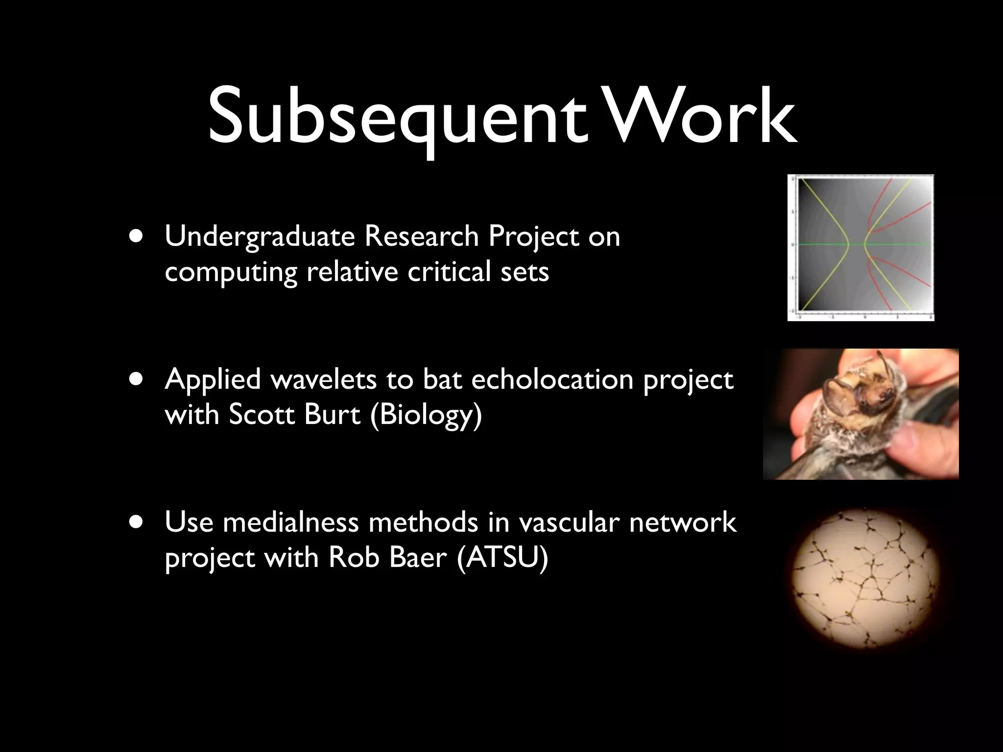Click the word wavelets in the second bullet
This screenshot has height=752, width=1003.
pos(323,379)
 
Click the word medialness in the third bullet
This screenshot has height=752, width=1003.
pos(291,522)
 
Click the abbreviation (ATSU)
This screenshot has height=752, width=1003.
pos(502,558)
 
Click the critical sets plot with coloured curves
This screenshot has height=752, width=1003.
pos(860,247)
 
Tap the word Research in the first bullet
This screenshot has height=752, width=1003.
pos(421,236)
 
